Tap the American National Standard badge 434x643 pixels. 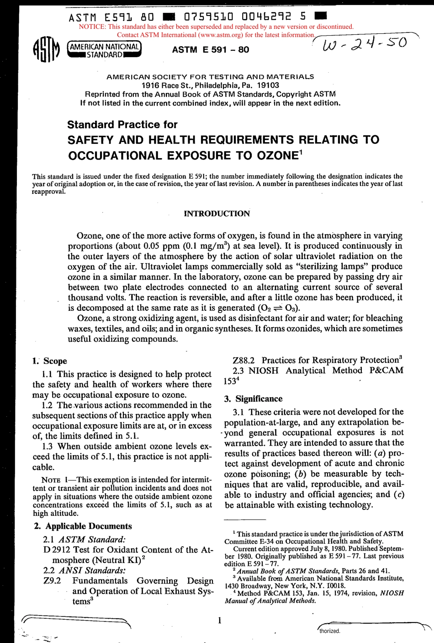click(104, 50)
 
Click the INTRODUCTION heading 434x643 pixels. click(217, 213)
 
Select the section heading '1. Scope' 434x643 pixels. click(50, 361)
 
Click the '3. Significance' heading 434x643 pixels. click(253, 399)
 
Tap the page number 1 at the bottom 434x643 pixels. click(220, 620)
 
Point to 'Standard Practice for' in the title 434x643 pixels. click(122, 124)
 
